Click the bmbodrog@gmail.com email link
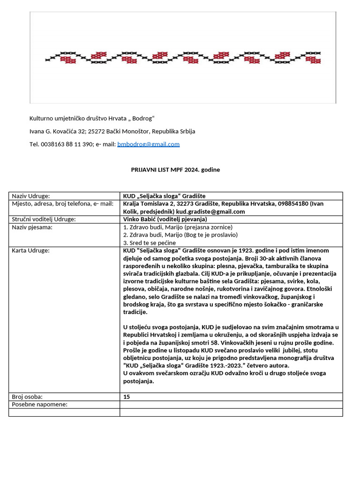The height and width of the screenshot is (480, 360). pos(148,144)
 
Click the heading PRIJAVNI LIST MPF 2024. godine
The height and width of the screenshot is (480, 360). pos(175,170)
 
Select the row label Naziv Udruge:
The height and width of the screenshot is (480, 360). pos(31,196)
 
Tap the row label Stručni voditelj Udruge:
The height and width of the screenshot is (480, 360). pos(44,219)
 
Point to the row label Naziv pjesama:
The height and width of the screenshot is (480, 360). pos(32,227)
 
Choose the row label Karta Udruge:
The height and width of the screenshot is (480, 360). pos(30,250)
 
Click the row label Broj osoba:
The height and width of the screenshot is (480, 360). pos(28,397)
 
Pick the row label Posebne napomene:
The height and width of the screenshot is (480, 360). pos(39,405)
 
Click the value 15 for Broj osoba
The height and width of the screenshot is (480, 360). pos(127,397)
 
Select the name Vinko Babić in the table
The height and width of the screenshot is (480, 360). pos(139,219)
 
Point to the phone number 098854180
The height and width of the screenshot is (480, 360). pos(293,203)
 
